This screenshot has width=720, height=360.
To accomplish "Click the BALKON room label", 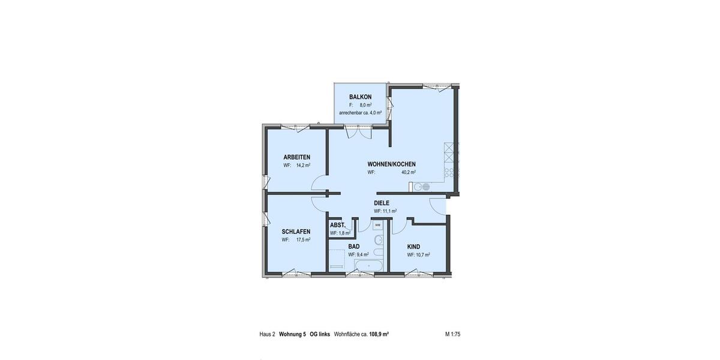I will click(361, 97).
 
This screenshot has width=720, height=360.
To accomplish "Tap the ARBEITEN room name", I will click(297, 157).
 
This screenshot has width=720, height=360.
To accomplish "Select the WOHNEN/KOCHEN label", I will click(391, 164).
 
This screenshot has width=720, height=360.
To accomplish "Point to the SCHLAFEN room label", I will click(296, 232).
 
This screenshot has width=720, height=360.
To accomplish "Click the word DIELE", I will click(382, 203).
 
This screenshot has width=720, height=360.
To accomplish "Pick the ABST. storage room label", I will click(337, 225).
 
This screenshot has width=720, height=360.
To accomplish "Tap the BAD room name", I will click(354, 247).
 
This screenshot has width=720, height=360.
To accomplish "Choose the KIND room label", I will click(413, 247).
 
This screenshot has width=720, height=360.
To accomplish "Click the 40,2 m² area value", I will click(409, 172).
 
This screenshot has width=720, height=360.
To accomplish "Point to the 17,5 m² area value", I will click(303, 239).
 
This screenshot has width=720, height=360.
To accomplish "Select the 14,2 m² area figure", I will click(303, 165).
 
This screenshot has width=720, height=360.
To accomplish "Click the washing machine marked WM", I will click(378, 226).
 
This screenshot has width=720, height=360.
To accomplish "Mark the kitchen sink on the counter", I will click(418, 187).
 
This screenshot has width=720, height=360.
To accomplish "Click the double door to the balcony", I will click(361, 131).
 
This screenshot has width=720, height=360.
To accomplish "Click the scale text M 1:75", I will click(452, 334).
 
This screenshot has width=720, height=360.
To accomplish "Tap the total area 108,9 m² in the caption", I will click(378, 334).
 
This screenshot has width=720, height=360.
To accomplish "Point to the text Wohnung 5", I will click(292, 334).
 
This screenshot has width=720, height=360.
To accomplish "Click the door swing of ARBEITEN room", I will click(319, 184).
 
